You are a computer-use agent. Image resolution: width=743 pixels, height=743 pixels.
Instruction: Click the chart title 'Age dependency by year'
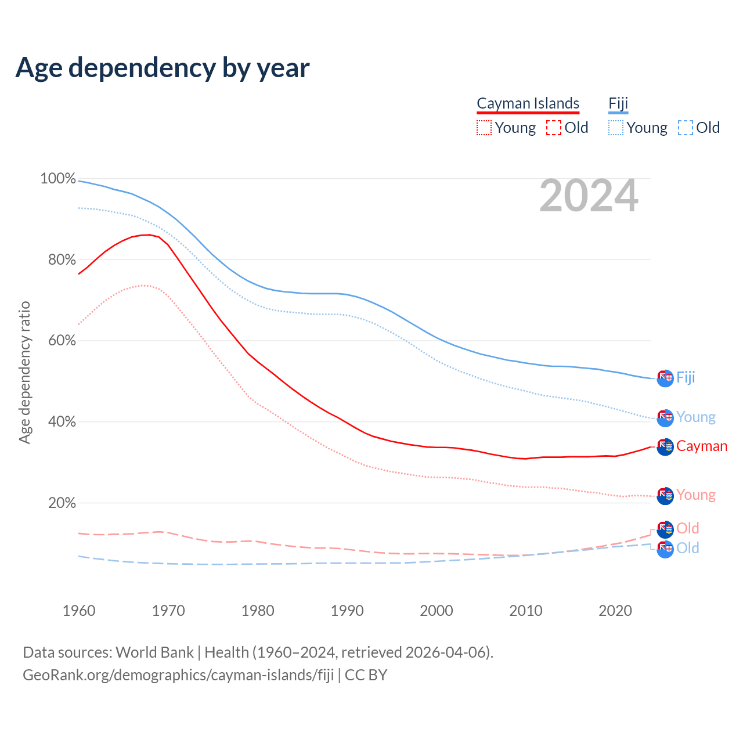click(163, 68)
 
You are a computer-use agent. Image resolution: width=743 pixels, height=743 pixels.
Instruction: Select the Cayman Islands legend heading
click(528, 103)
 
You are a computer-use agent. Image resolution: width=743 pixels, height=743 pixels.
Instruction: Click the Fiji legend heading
click(618, 103)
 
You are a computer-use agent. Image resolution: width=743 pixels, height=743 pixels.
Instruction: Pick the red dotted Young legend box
click(484, 128)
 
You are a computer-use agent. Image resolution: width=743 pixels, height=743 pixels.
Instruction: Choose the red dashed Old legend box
click(554, 128)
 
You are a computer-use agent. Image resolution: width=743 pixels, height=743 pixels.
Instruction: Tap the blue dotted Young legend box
click(616, 128)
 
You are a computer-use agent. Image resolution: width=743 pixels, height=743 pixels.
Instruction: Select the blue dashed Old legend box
click(686, 128)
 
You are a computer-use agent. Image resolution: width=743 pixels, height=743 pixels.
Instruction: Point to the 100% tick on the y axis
click(58, 179)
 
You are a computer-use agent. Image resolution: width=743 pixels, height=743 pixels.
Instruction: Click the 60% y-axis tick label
click(62, 341)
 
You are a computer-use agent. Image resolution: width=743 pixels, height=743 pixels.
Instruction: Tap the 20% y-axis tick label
click(62, 503)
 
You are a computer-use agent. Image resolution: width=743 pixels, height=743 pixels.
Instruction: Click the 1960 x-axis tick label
click(79, 611)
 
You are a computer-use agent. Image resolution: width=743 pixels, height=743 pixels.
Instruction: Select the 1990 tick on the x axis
click(347, 611)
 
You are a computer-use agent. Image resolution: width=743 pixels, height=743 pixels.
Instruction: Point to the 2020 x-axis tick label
click(615, 611)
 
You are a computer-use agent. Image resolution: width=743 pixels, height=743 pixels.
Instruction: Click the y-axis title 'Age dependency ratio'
click(24, 373)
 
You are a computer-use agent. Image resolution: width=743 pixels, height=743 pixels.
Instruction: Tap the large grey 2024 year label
click(589, 196)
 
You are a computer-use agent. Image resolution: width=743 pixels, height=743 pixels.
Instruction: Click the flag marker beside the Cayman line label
click(665, 446)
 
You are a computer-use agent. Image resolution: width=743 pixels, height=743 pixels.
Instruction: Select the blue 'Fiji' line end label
click(686, 377)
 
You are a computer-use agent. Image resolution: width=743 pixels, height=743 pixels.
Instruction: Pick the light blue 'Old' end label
click(688, 548)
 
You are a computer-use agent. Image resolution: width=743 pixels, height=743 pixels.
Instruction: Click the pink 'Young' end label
click(696, 495)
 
